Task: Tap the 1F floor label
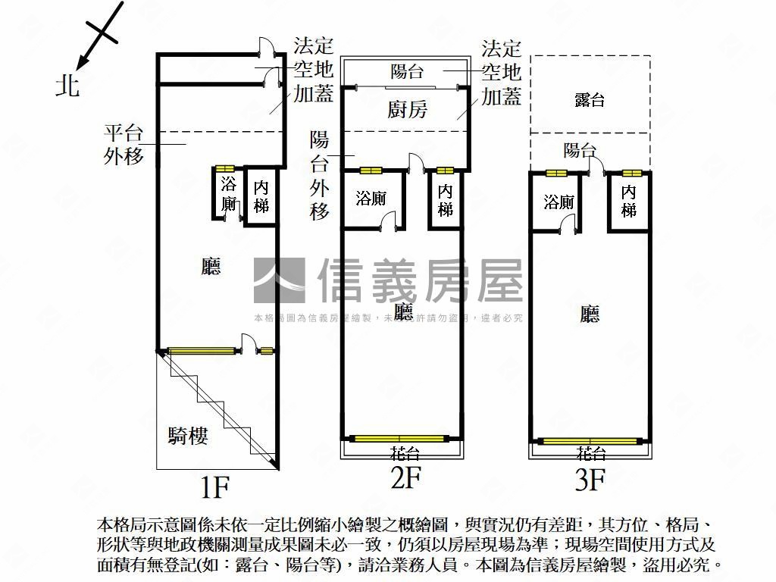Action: (x=214, y=487)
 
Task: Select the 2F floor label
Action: (x=405, y=478)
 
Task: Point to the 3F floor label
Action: (x=590, y=480)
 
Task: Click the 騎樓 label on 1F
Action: (x=188, y=436)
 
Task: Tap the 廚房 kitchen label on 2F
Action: (x=407, y=110)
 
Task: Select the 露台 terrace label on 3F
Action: (x=590, y=99)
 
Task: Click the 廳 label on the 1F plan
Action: (x=211, y=266)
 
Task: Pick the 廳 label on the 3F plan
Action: (x=590, y=314)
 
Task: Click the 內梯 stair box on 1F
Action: (x=261, y=196)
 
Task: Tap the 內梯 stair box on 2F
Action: (x=446, y=200)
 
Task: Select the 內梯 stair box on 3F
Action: (x=629, y=202)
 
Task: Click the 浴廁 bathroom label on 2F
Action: (x=371, y=199)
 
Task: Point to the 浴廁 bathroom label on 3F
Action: (x=559, y=202)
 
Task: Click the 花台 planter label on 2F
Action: (x=405, y=453)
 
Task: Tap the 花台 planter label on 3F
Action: (x=590, y=453)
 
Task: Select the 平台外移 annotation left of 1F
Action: (x=124, y=145)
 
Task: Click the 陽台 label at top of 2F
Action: (x=407, y=71)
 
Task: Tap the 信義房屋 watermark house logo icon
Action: (x=279, y=280)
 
